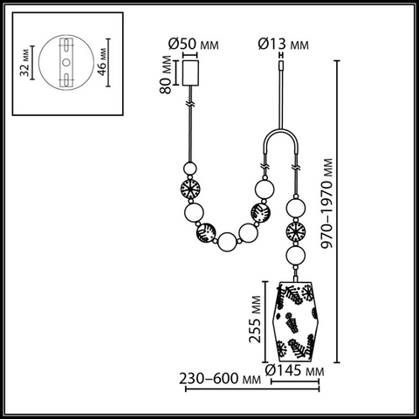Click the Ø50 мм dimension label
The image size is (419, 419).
point(193,45)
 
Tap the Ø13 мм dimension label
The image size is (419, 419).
point(284,45)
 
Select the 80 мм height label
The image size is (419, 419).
point(166,74)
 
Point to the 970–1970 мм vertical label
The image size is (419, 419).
point(326,203)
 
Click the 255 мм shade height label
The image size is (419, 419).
point(255,319)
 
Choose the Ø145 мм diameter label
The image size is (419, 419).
point(294,370)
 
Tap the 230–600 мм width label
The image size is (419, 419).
point(220,379)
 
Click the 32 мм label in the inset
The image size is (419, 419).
point(25,62)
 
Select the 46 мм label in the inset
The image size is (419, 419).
point(102,62)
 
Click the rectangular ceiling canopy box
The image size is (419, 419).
point(190,72)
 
